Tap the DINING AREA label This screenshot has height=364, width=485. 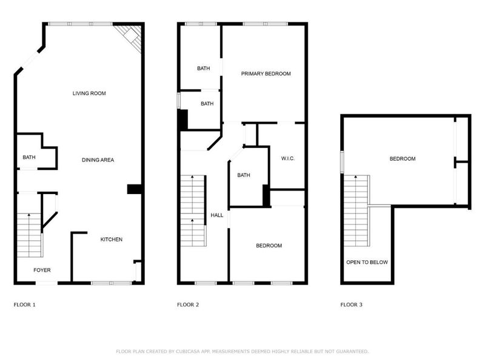[x=98, y=160]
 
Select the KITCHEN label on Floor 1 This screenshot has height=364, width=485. [x=111, y=240]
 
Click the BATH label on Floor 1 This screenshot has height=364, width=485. [x=29, y=158]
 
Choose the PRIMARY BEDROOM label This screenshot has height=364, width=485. [x=266, y=74]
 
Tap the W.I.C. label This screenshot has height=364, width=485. [x=287, y=159]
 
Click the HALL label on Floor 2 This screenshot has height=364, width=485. [x=216, y=215]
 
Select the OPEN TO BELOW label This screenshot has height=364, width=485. [x=367, y=263]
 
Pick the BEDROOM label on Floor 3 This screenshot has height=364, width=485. [x=402, y=159]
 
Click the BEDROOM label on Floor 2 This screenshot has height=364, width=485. [x=269, y=246]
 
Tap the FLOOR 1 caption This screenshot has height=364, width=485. [x=25, y=305]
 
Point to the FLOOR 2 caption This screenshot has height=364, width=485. [x=188, y=305]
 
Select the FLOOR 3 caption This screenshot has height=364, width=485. [x=351, y=305]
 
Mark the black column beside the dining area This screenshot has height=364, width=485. [x=134, y=189]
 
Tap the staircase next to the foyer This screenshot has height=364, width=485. [x=28, y=234]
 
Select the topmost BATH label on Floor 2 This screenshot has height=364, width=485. [x=203, y=69]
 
